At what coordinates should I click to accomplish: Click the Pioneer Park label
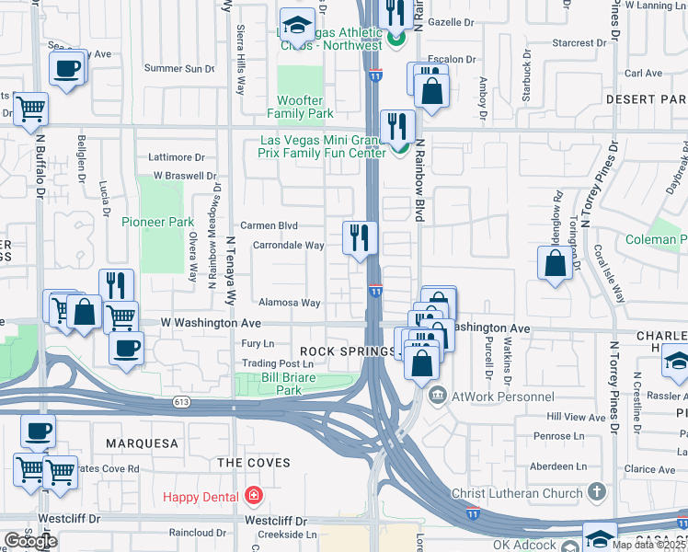157,222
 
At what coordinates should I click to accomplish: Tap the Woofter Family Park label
300,107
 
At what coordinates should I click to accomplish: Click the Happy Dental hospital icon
254,497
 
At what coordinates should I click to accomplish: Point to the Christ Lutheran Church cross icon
595,493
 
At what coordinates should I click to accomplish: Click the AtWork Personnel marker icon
437,397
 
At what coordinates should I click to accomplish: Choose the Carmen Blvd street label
269,225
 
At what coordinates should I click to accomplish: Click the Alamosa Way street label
289,303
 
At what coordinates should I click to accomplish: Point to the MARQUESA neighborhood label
142,443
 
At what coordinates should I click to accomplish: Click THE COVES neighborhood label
253,463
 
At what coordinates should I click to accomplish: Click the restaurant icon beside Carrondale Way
359,237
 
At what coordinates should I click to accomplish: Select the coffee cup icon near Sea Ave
67,67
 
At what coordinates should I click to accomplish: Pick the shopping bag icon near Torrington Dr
556,263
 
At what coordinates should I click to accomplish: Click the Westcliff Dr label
275,520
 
